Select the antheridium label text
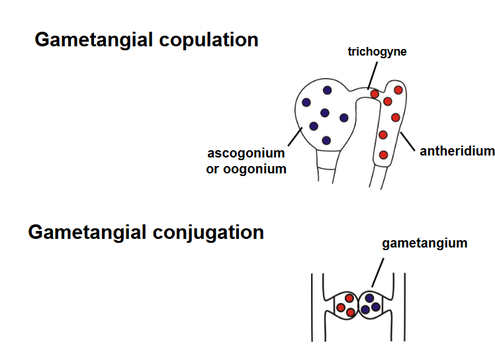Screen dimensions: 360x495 [457, 151]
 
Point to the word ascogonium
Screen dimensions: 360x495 [246, 153]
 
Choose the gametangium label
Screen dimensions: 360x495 [424, 244]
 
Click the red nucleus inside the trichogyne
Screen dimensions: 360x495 [375, 94]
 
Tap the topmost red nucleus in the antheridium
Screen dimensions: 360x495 [398, 89]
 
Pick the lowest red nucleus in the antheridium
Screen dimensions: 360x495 [383, 155]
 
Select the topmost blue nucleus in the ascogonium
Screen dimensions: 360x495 [327, 90]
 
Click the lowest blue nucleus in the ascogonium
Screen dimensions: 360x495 [326, 140]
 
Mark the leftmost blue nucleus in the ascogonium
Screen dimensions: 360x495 [306, 103]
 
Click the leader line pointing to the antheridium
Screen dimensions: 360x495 [409, 140]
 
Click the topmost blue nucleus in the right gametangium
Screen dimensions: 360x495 [369, 298]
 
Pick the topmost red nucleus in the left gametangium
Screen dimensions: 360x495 [349, 297]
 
